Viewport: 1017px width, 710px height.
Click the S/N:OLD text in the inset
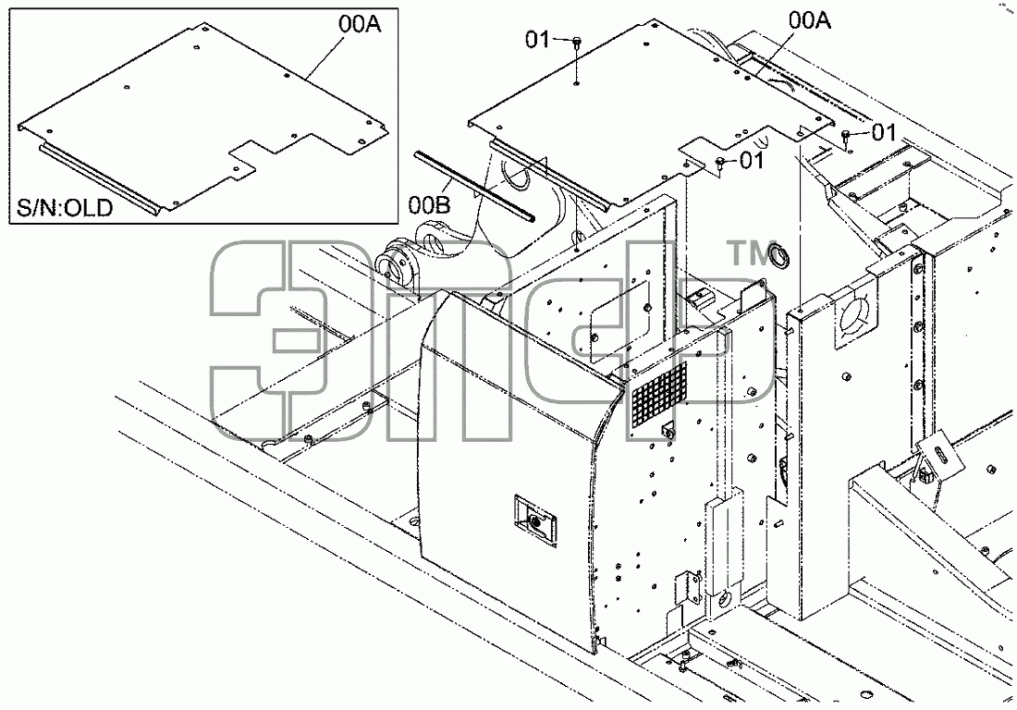coord(64,208)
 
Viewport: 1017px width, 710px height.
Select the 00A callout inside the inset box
coord(359,25)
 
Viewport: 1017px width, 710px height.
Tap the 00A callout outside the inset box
coord(810,20)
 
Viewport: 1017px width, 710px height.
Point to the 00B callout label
coord(429,205)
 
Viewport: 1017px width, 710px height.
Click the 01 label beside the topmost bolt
coord(537,40)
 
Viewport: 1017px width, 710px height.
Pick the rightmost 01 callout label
coord(883,132)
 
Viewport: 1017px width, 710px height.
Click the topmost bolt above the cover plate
coord(577,43)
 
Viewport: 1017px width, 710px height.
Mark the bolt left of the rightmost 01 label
coord(846,135)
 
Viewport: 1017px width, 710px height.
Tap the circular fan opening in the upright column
coord(857,313)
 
